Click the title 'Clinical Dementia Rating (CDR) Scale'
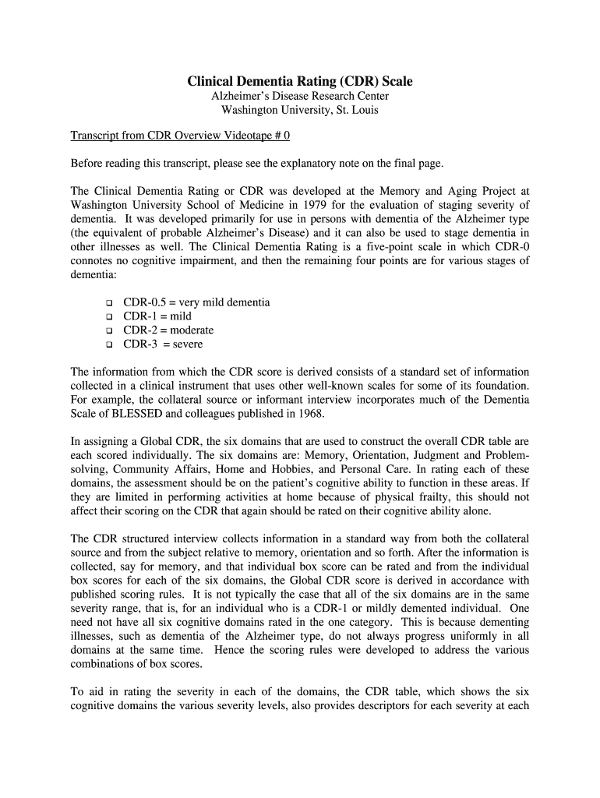pos(300,81)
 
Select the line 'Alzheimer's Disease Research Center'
pos(300,96)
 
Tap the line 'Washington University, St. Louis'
pos(300,110)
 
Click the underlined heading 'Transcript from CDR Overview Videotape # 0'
pos(180,136)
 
